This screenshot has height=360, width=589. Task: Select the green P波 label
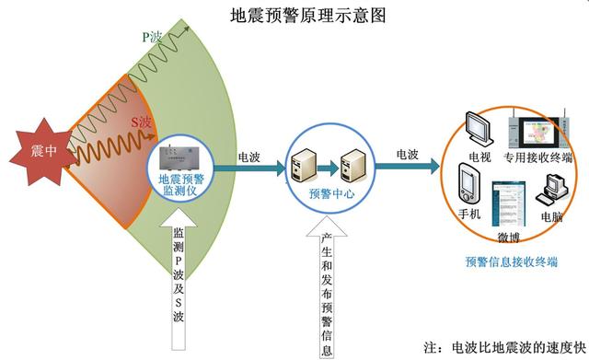coord(152,38)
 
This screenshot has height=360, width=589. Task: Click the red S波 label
coord(140,122)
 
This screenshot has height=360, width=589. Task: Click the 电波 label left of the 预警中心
coord(248,157)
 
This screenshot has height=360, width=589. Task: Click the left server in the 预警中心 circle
coord(306,167)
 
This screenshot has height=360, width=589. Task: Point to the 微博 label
coord(509,237)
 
